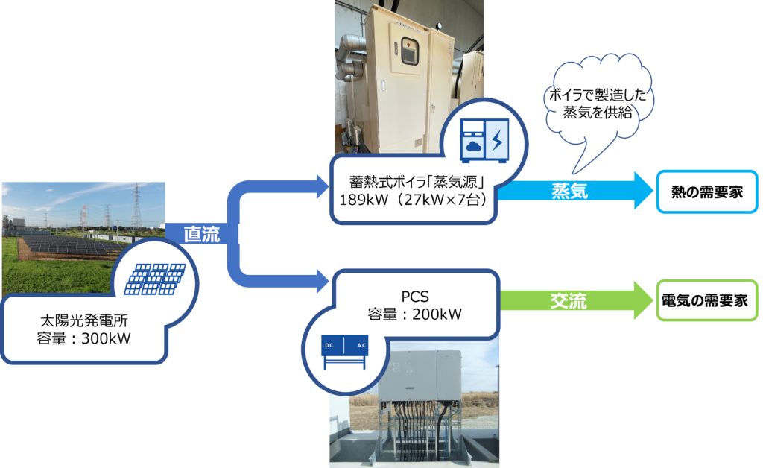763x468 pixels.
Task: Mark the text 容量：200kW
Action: click(415, 314)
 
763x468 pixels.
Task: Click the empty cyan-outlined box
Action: click(707, 192)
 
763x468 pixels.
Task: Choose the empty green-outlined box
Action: click(707, 300)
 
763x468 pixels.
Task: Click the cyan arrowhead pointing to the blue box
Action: click(639, 191)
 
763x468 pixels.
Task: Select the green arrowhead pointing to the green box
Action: click(639, 300)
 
